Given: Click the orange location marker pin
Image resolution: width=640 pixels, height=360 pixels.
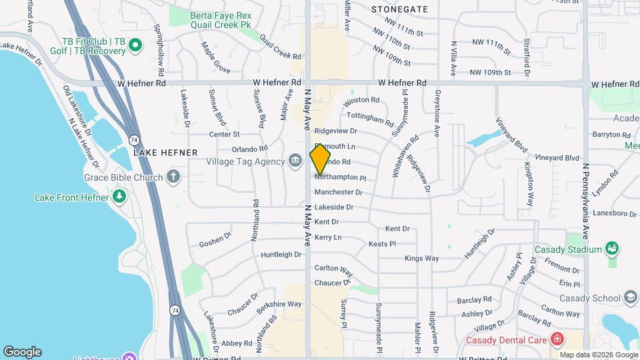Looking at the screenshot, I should [321, 160].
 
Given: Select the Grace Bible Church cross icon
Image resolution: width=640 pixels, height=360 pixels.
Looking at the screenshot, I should [173, 177].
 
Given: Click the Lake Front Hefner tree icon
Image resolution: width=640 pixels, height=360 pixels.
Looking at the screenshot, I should [119, 196].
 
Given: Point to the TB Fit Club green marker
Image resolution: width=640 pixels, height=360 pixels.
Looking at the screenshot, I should [135, 45].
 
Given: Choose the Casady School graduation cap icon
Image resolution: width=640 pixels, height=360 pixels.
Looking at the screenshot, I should [631, 297].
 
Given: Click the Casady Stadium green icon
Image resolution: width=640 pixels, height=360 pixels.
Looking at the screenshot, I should [612, 249].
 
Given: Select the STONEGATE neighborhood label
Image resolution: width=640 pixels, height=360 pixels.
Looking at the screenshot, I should [399, 9].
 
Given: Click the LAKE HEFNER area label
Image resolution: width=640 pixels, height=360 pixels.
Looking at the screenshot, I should [166, 153].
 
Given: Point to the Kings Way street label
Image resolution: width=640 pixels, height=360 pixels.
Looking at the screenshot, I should [421, 258].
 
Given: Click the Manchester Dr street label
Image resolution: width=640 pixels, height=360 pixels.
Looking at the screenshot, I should [338, 192].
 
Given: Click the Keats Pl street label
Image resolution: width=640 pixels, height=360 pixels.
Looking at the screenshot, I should [382, 244].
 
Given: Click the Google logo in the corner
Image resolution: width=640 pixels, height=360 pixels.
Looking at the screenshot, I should [22, 352].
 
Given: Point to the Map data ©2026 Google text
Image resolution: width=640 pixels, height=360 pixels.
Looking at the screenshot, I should [599, 355].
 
